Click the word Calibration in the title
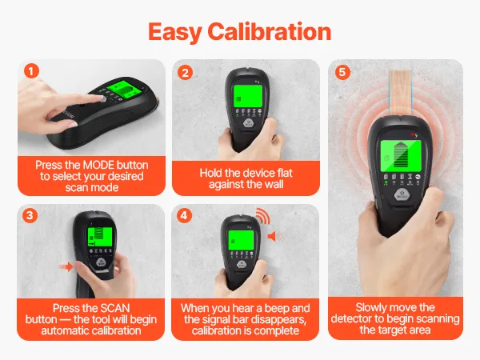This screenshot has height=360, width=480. tap(270, 32)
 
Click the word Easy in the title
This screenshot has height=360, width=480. tap(174, 33)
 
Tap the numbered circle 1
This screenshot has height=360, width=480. tap(31, 71)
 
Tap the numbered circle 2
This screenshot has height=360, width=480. tap(185, 73)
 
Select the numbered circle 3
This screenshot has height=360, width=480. tap(30, 215)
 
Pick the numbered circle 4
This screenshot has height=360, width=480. tap(184, 216)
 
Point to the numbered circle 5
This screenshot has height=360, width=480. tap(342, 72)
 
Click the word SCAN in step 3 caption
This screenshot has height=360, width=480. tap(115, 308)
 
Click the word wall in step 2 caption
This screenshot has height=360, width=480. tap(274, 184)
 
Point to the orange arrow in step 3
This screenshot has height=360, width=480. tap(66, 266)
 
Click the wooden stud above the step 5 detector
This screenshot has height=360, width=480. tap(401, 93)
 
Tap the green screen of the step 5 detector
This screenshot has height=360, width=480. tap(401, 156)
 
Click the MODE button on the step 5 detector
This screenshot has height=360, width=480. tap(402, 195)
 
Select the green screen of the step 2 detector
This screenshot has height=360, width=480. tap(248, 95)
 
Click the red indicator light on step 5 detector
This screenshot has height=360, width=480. tap(412, 134)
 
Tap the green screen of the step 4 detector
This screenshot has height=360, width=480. tap(241, 240)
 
